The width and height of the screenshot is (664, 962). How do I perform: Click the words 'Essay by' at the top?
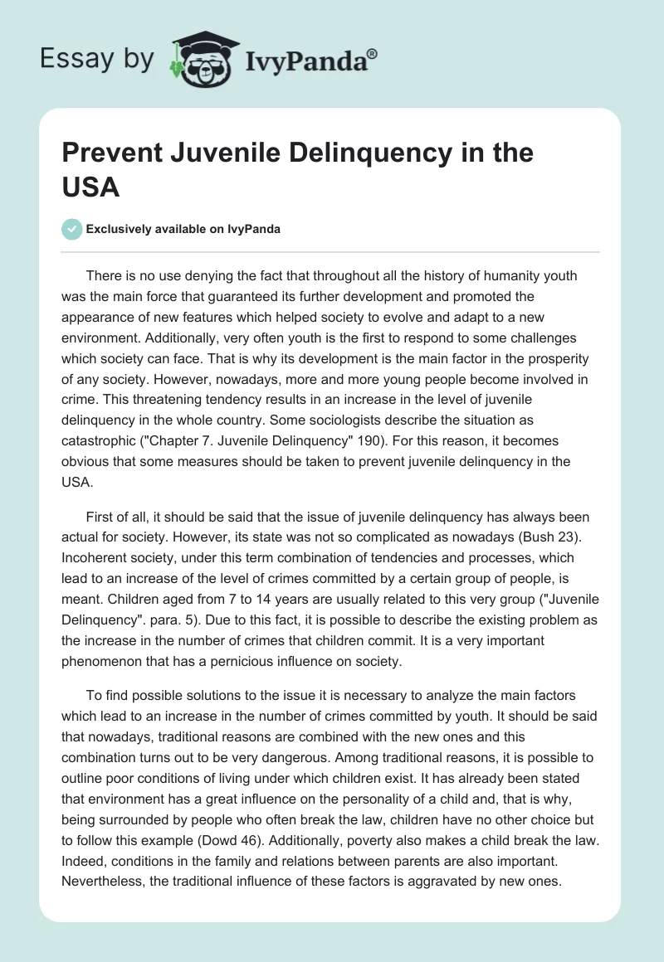pos(98,60)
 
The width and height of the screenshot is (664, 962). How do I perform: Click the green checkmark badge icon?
pos(73,229)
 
